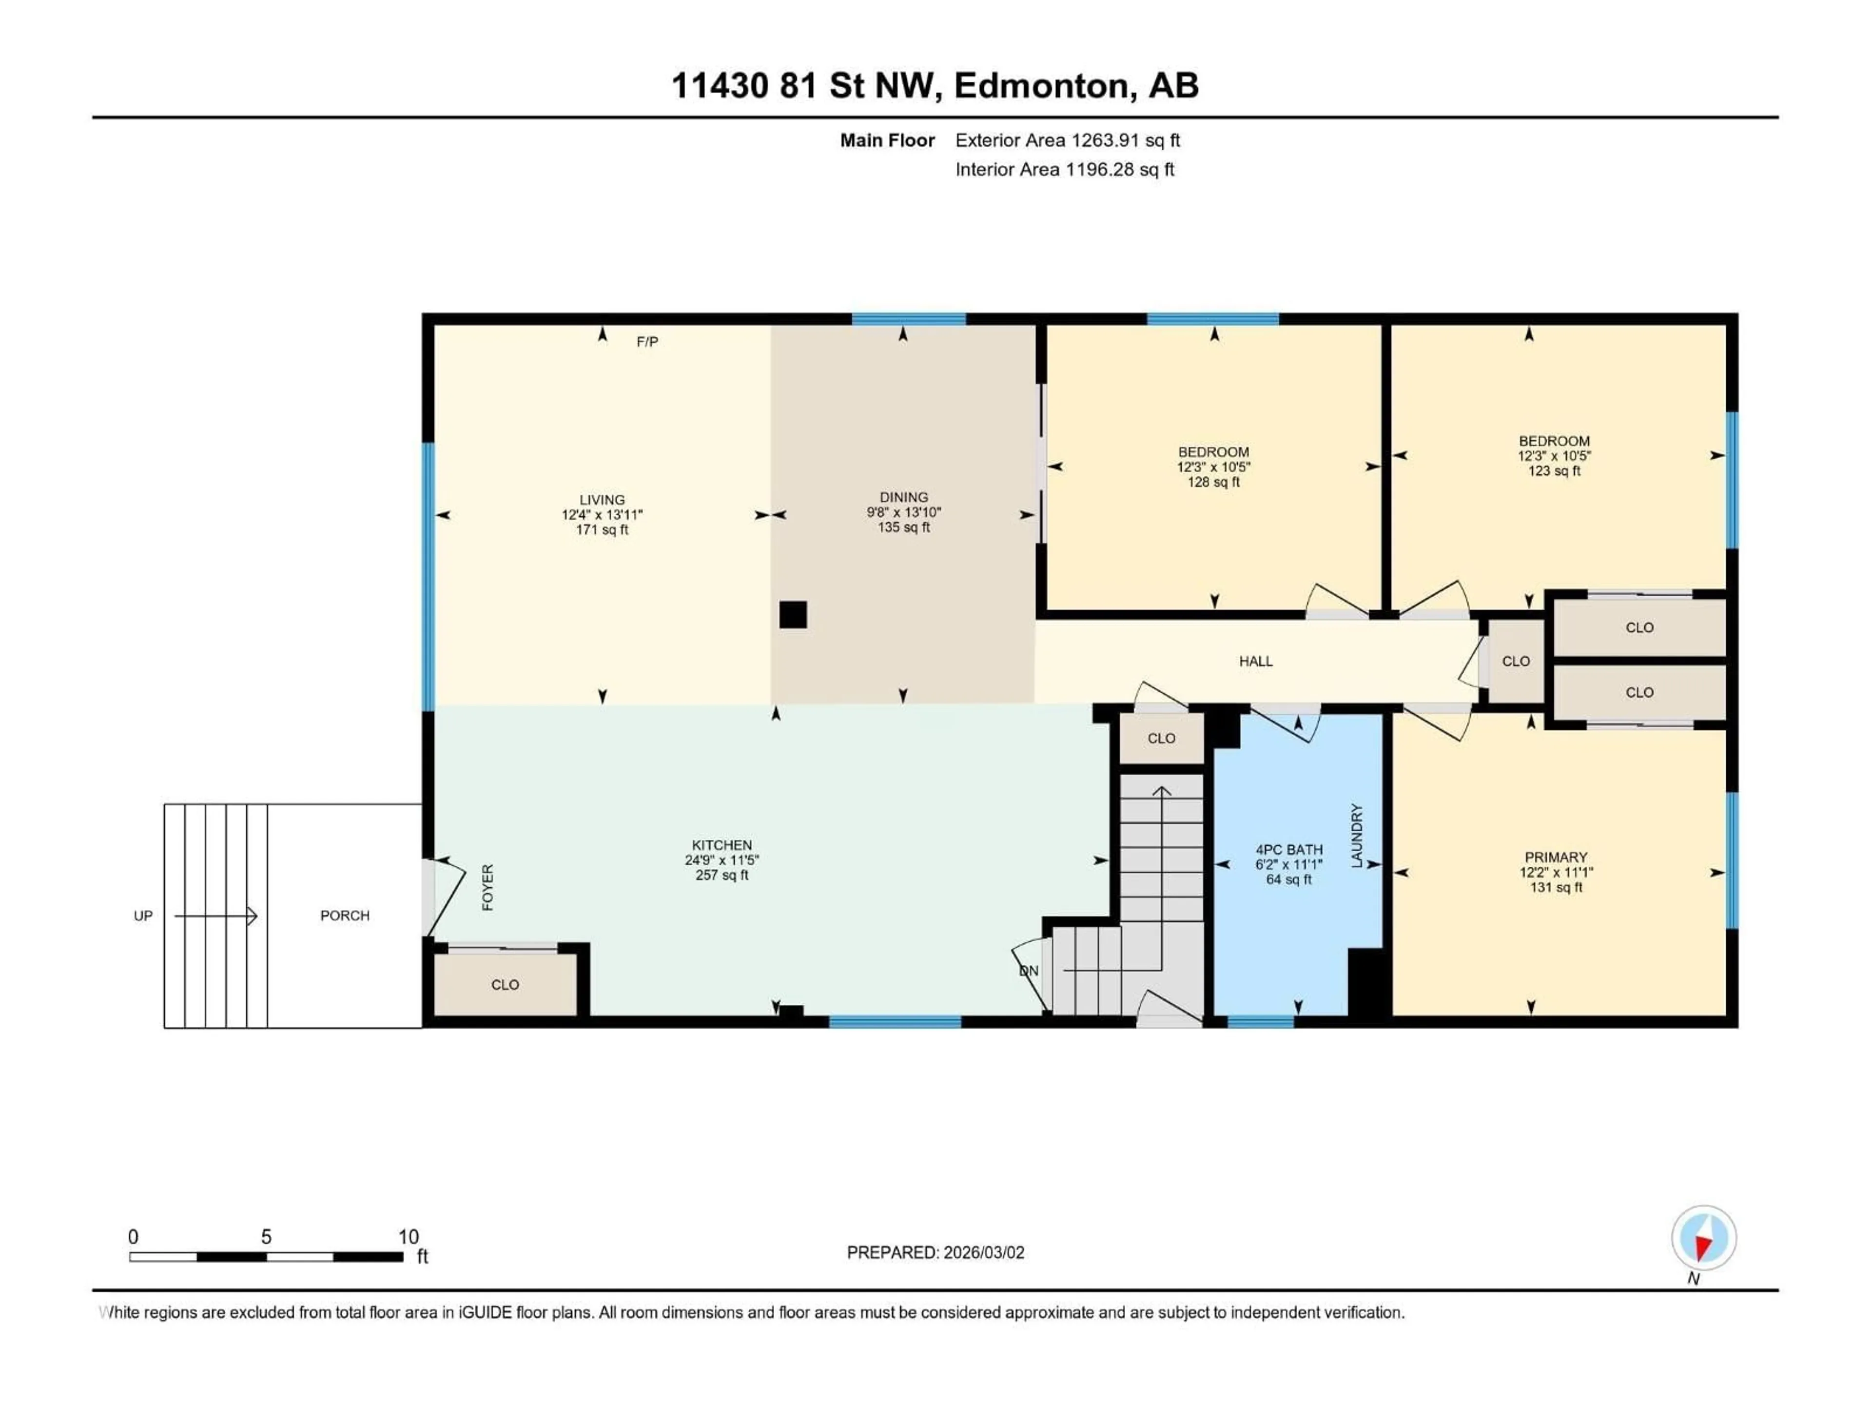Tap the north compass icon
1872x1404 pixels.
point(1704,1238)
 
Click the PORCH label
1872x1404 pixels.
point(345,916)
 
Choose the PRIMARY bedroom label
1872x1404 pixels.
point(1556,858)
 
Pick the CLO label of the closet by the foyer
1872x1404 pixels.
point(505,985)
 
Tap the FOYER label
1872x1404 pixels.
point(487,888)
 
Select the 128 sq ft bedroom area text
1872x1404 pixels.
point(1213,483)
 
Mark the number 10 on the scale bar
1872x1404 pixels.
point(408,1237)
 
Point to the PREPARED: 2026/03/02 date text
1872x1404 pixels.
point(935,1252)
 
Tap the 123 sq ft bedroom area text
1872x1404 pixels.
point(1554,471)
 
